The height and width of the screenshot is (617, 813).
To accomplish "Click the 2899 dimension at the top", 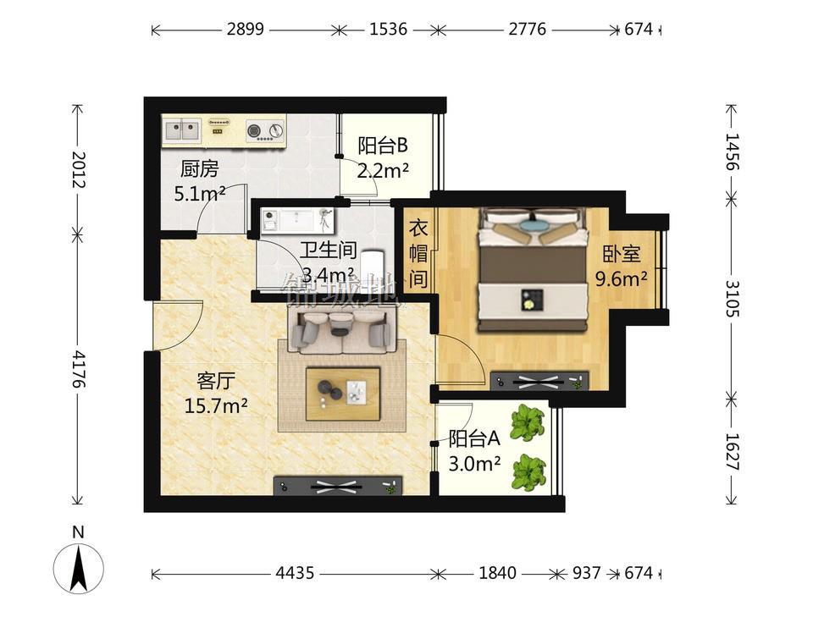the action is (246, 29).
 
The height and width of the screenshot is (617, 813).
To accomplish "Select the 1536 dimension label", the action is (388, 29).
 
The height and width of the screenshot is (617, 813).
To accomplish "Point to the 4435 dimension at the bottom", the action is (295, 572).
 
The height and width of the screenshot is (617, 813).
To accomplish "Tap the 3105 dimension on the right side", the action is (732, 299).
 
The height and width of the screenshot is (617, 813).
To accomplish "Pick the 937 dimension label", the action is (586, 572).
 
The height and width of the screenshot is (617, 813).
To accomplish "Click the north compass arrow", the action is (79, 568).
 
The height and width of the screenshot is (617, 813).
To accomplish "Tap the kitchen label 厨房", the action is (200, 169).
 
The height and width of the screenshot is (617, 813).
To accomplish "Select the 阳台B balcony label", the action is (383, 146).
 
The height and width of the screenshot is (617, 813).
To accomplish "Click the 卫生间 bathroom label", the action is (329, 251).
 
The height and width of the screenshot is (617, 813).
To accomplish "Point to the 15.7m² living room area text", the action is (216, 405).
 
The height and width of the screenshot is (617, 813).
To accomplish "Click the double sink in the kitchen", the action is (182, 130).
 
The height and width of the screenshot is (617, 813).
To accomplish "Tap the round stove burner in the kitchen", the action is (255, 130).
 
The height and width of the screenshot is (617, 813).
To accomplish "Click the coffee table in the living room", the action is (343, 394).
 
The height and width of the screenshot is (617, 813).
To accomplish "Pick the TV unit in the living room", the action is (338, 486).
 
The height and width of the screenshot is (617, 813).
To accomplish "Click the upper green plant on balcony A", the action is (527, 422).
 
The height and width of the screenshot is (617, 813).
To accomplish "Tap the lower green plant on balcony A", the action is (528, 472).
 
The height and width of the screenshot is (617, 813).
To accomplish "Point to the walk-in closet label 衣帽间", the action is (418, 253).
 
